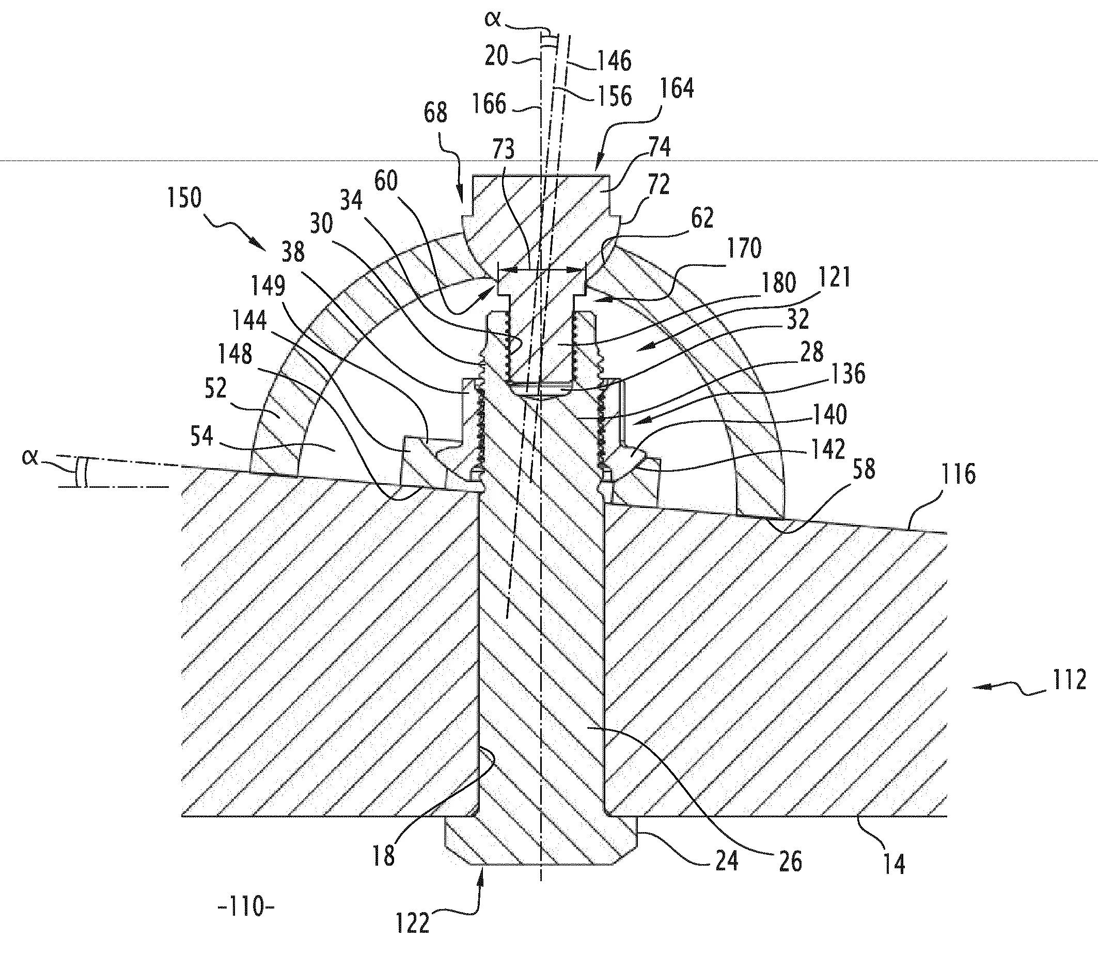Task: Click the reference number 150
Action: point(185,198)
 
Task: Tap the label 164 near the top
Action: point(677,89)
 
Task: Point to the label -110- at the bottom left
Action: point(246,906)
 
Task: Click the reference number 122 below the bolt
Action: point(413,923)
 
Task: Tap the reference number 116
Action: point(958,474)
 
